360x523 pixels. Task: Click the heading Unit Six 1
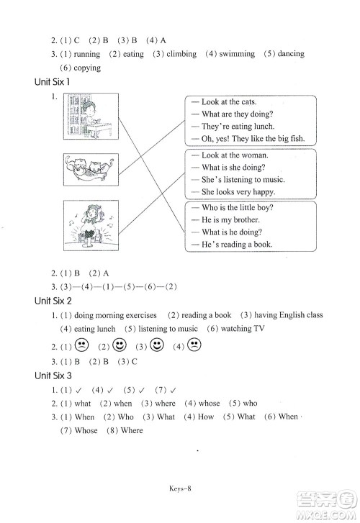[53, 82]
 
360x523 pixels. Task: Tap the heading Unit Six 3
[53, 376]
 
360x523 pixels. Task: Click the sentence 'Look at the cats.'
[229, 102]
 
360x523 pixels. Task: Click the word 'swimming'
[237, 54]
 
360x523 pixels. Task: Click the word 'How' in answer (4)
[206, 417]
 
